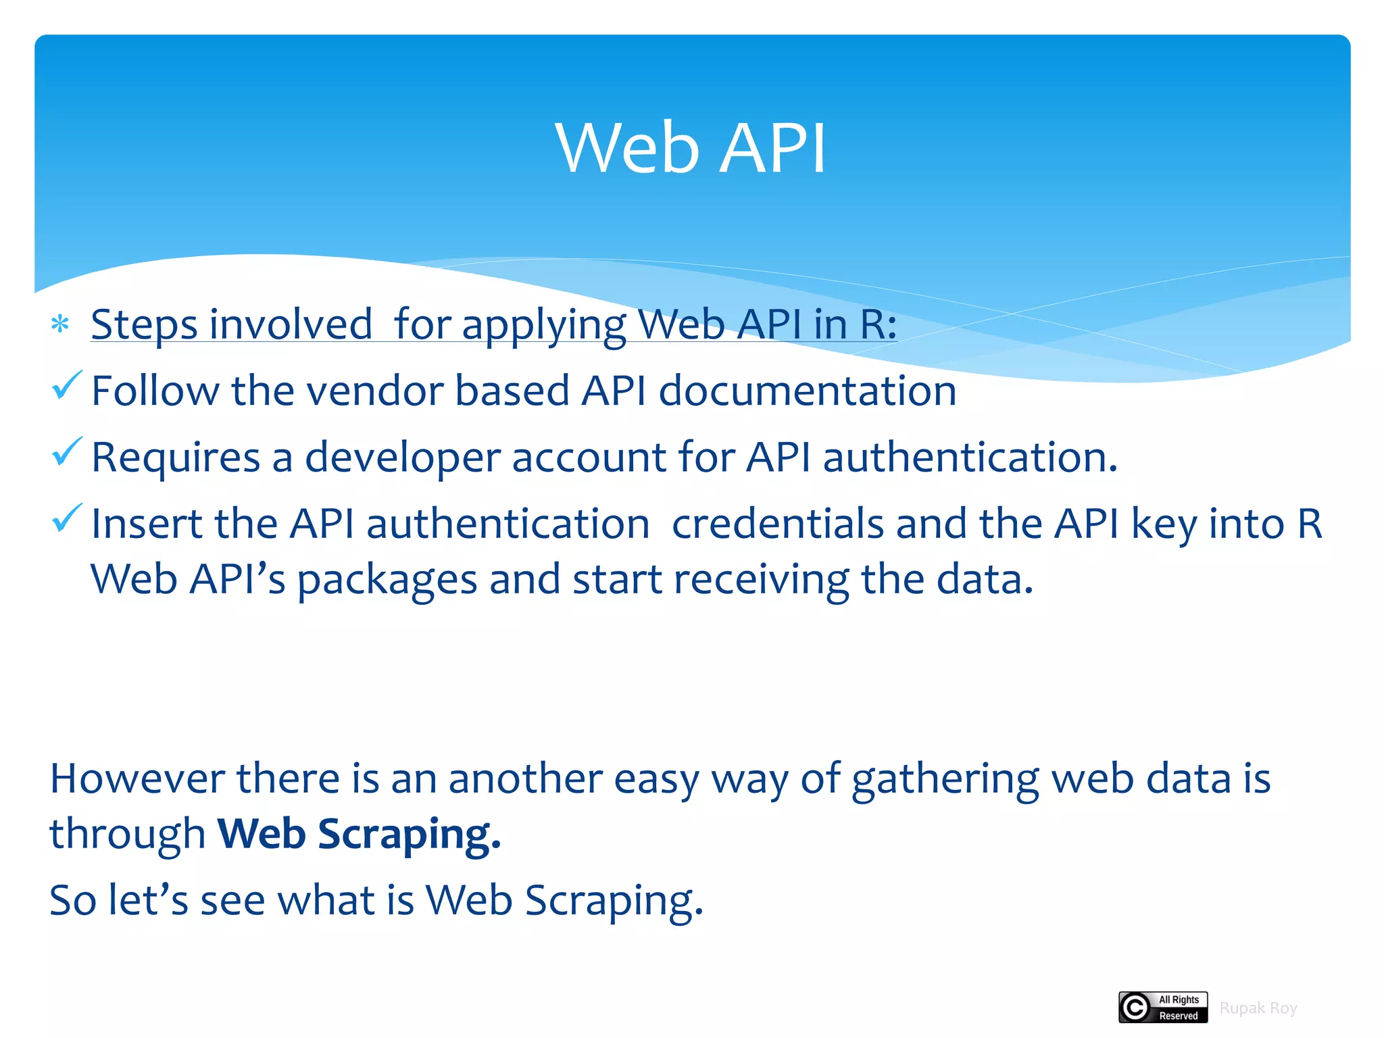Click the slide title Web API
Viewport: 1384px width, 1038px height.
tap(691, 148)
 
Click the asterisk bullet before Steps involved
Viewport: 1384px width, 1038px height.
tap(60, 324)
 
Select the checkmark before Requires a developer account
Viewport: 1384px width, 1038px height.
tap(67, 452)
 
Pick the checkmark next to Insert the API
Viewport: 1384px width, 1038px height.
tap(67, 518)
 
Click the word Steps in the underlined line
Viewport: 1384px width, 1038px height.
tap(143, 324)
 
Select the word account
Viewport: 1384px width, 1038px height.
tap(589, 458)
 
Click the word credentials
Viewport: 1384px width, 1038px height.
tap(778, 524)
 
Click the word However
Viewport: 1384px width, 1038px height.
tap(137, 778)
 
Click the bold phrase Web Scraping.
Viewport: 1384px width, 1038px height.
tap(359, 835)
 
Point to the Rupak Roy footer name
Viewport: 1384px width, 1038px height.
tap(1258, 1008)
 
